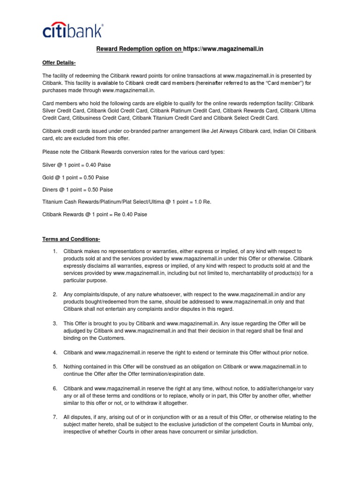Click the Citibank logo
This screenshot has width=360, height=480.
72,31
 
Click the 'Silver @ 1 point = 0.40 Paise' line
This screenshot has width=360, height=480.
76,165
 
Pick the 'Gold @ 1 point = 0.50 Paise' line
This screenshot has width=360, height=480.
75,178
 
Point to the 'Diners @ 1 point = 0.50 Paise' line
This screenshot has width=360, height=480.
77,190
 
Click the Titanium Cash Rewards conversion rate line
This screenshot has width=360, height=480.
117,202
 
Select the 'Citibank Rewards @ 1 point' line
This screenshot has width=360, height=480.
95,214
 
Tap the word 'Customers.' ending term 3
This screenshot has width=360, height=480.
112,338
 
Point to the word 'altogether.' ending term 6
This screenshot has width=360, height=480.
173,403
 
